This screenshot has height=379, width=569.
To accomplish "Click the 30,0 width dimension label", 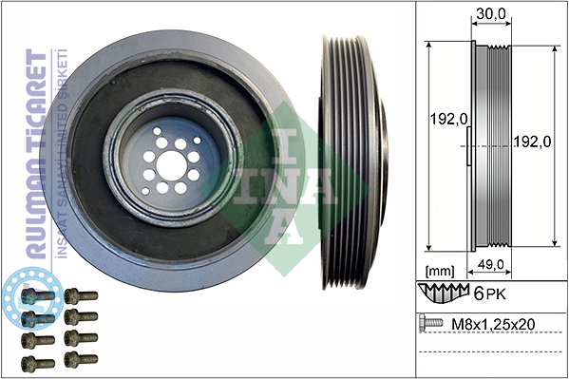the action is click(491, 13).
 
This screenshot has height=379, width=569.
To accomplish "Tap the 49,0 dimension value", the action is click(491, 265).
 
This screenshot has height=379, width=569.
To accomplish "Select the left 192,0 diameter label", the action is click(448, 119).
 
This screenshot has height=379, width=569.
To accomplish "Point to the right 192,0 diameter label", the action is click(533, 142).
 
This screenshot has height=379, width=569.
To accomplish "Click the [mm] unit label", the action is click(440, 271).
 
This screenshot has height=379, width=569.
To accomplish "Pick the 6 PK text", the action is click(490, 294).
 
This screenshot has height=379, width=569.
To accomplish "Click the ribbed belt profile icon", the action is click(444, 293).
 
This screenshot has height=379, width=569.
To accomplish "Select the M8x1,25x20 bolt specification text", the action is click(493, 324).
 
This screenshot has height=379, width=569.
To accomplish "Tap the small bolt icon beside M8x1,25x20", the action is click(430, 323).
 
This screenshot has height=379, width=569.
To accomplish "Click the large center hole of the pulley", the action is click(170, 165).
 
